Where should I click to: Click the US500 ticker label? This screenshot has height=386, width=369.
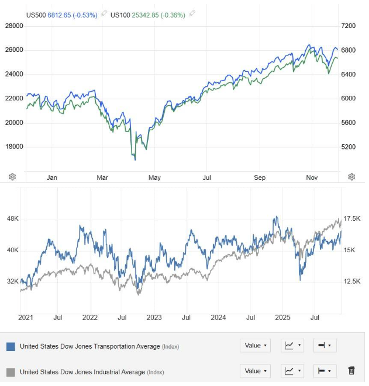pos(37,14)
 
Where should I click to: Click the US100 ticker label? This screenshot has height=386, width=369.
pos(122,14)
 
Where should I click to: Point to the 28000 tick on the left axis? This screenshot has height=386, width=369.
pos(14,26)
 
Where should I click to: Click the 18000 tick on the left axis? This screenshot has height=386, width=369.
pos(14,147)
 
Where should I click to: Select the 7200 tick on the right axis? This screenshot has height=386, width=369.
pos(348,26)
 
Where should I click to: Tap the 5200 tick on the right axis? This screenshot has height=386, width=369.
pos(348,147)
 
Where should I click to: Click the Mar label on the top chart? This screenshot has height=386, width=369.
pos(103,178)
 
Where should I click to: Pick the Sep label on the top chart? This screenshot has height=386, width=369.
pos(260,178)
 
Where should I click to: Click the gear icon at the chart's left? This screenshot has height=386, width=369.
pos(13,177)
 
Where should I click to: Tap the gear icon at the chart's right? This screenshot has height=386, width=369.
pos(351,177)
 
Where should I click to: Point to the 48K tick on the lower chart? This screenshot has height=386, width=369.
pos(12,218)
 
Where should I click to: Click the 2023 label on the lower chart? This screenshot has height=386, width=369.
pos(154,318)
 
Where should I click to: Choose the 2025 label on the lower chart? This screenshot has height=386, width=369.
pos(283,318)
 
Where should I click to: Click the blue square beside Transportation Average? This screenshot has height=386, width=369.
pos(11,346)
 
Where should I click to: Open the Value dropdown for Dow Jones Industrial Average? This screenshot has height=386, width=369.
pos(255,371)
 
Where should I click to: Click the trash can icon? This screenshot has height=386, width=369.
pos(351,370)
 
